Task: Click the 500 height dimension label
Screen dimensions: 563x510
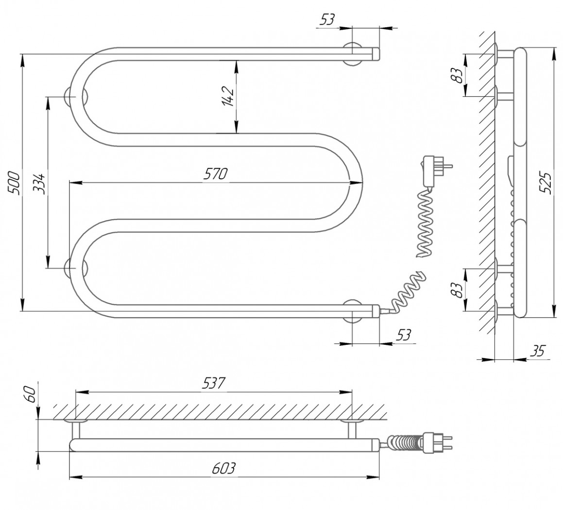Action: click(14, 184)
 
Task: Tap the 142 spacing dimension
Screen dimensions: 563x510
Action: click(228, 97)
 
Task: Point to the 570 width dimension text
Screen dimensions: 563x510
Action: click(215, 174)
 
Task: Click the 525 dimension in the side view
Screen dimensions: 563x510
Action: click(546, 183)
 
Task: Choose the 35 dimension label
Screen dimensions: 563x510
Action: click(538, 351)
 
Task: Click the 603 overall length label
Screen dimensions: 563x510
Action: click(223, 468)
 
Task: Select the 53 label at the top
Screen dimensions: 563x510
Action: click(326, 19)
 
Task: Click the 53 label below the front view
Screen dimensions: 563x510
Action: click(403, 335)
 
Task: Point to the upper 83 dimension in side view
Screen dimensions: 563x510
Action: click(458, 75)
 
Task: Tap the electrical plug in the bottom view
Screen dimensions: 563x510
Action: click(438, 441)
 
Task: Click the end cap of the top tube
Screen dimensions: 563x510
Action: click(376, 54)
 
